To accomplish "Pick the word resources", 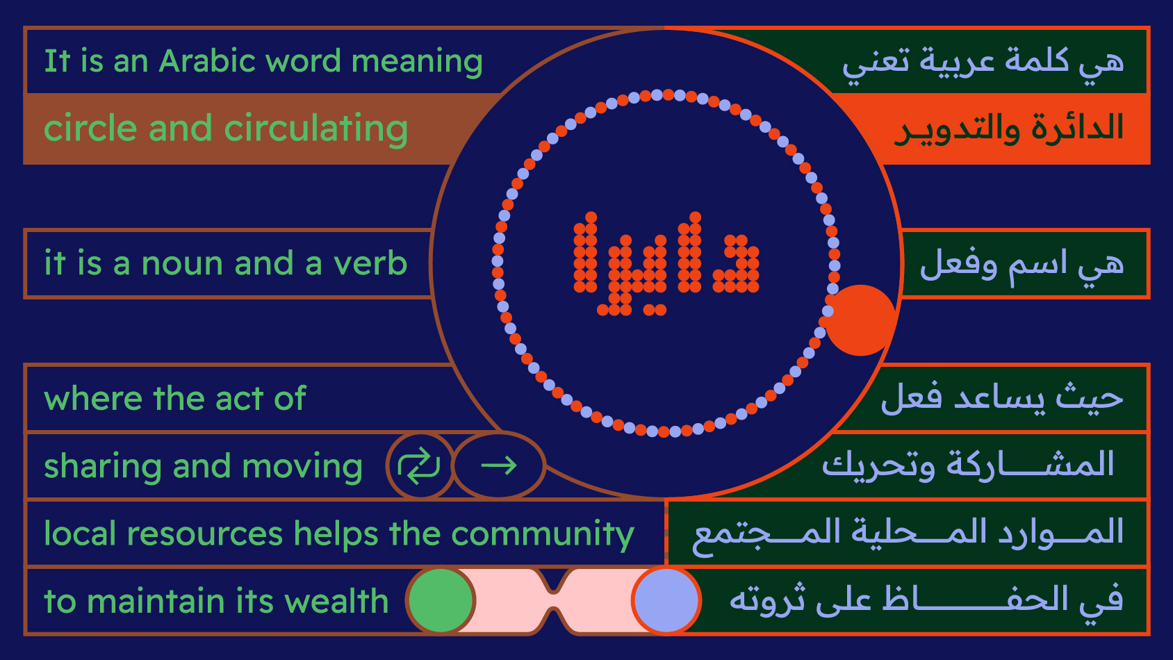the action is [x=205, y=534].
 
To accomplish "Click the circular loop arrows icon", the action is [x=419, y=465].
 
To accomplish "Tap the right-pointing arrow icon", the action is [x=499, y=465].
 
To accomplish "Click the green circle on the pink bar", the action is [x=441, y=600].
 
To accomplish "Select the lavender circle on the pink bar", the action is [x=666, y=600].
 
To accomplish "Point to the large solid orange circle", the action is [x=860, y=320].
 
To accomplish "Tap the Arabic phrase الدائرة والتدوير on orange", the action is [x=1008, y=129].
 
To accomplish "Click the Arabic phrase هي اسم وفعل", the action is [x=1022, y=265].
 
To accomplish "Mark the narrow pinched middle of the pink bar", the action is [x=554, y=600].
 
